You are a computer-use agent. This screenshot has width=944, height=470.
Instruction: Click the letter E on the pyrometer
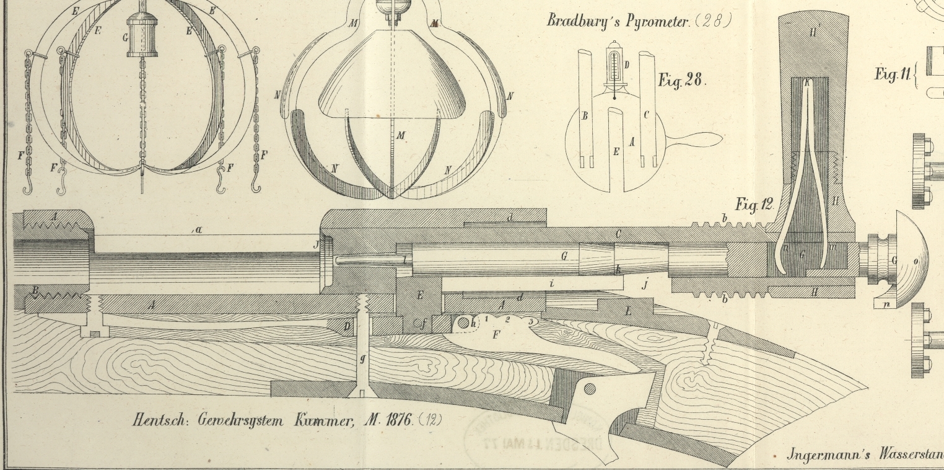[616, 151]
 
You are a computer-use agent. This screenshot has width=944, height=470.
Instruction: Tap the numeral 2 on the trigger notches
[507, 319]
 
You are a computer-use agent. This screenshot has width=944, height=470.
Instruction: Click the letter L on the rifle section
[629, 311]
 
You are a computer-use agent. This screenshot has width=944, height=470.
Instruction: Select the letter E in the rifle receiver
[420, 295]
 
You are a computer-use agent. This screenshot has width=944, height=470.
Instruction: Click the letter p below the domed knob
[886, 304]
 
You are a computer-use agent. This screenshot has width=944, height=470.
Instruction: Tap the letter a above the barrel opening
[199, 229]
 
